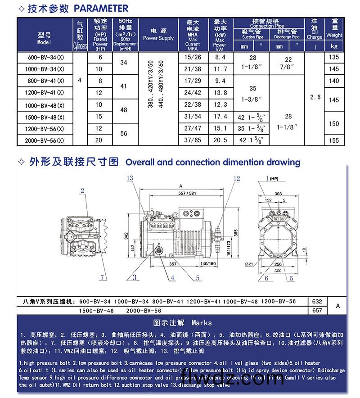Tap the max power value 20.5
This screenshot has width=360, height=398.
point(220,140)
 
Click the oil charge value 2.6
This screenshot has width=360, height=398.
point(315,97)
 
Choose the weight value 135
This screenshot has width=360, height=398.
point(334,58)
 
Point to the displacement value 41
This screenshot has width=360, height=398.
point(124,86)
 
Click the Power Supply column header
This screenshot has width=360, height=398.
point(158,35)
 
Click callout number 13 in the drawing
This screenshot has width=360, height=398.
point(130,179)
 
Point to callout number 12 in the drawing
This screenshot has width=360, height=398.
point(237,179)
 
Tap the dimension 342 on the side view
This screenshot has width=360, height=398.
point(126,234)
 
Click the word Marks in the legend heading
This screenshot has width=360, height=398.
point(201,323)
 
